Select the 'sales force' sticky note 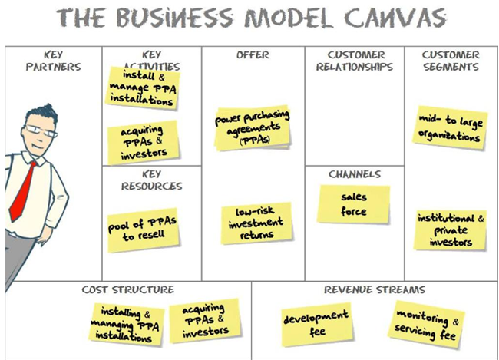(354, 204)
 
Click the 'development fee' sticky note (317, 324)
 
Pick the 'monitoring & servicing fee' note (426, 325)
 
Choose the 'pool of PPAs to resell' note (143, 230)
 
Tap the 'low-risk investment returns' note (256, 223)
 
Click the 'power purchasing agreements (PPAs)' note (253, 128)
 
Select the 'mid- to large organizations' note (449, 128)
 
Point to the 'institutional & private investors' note (451, 230)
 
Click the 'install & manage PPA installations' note (143, 88)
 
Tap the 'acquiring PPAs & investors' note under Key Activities (143, 142)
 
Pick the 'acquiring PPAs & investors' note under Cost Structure (205, 321)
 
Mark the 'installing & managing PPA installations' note (127, 325)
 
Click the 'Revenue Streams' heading (375, 289)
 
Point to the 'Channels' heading (355, 174)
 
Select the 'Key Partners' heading (53, 61)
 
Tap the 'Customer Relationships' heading (355, 61)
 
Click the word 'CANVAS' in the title (395, 18)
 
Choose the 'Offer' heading (253, 55)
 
